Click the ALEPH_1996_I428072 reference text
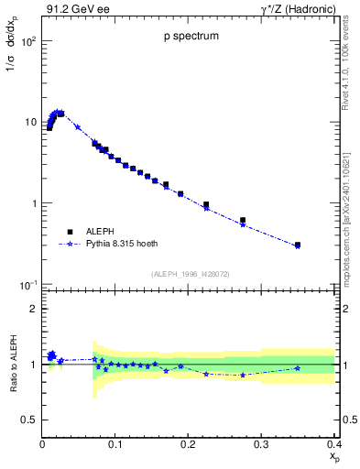188,274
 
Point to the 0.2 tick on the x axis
189,445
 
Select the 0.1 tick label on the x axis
115,445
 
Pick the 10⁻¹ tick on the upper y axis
27,286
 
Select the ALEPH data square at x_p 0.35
298,245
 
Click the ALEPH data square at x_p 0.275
243,220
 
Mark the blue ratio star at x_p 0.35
298,368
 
